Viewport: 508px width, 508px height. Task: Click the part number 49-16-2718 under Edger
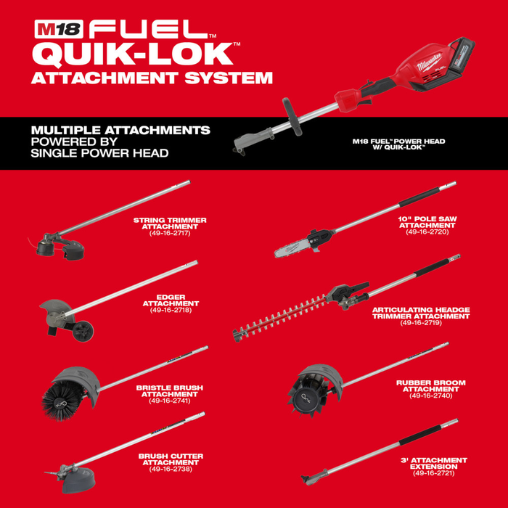point(171,310)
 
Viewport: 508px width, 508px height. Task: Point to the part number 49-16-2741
point(170,401)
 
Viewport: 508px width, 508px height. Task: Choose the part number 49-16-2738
point(171,469)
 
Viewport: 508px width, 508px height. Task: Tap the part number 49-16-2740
point(430,396)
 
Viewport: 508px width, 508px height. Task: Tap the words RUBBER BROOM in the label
point(430,382)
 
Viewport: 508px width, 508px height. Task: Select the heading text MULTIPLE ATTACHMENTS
point(120,130)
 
